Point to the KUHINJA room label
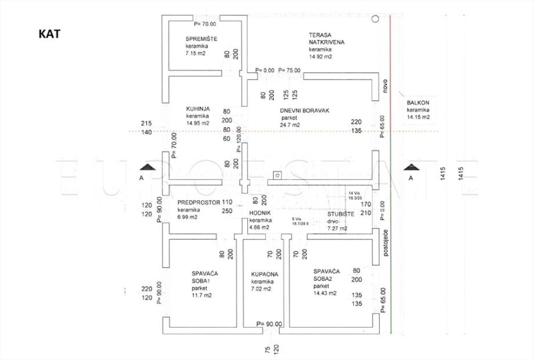198,109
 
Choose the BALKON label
418,102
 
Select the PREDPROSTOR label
199,203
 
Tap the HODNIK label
259,214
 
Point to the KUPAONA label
265,273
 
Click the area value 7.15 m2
196,53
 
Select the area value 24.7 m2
288,124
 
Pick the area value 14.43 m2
325,293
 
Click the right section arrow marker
411,167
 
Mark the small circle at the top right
376,19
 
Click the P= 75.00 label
289,70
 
